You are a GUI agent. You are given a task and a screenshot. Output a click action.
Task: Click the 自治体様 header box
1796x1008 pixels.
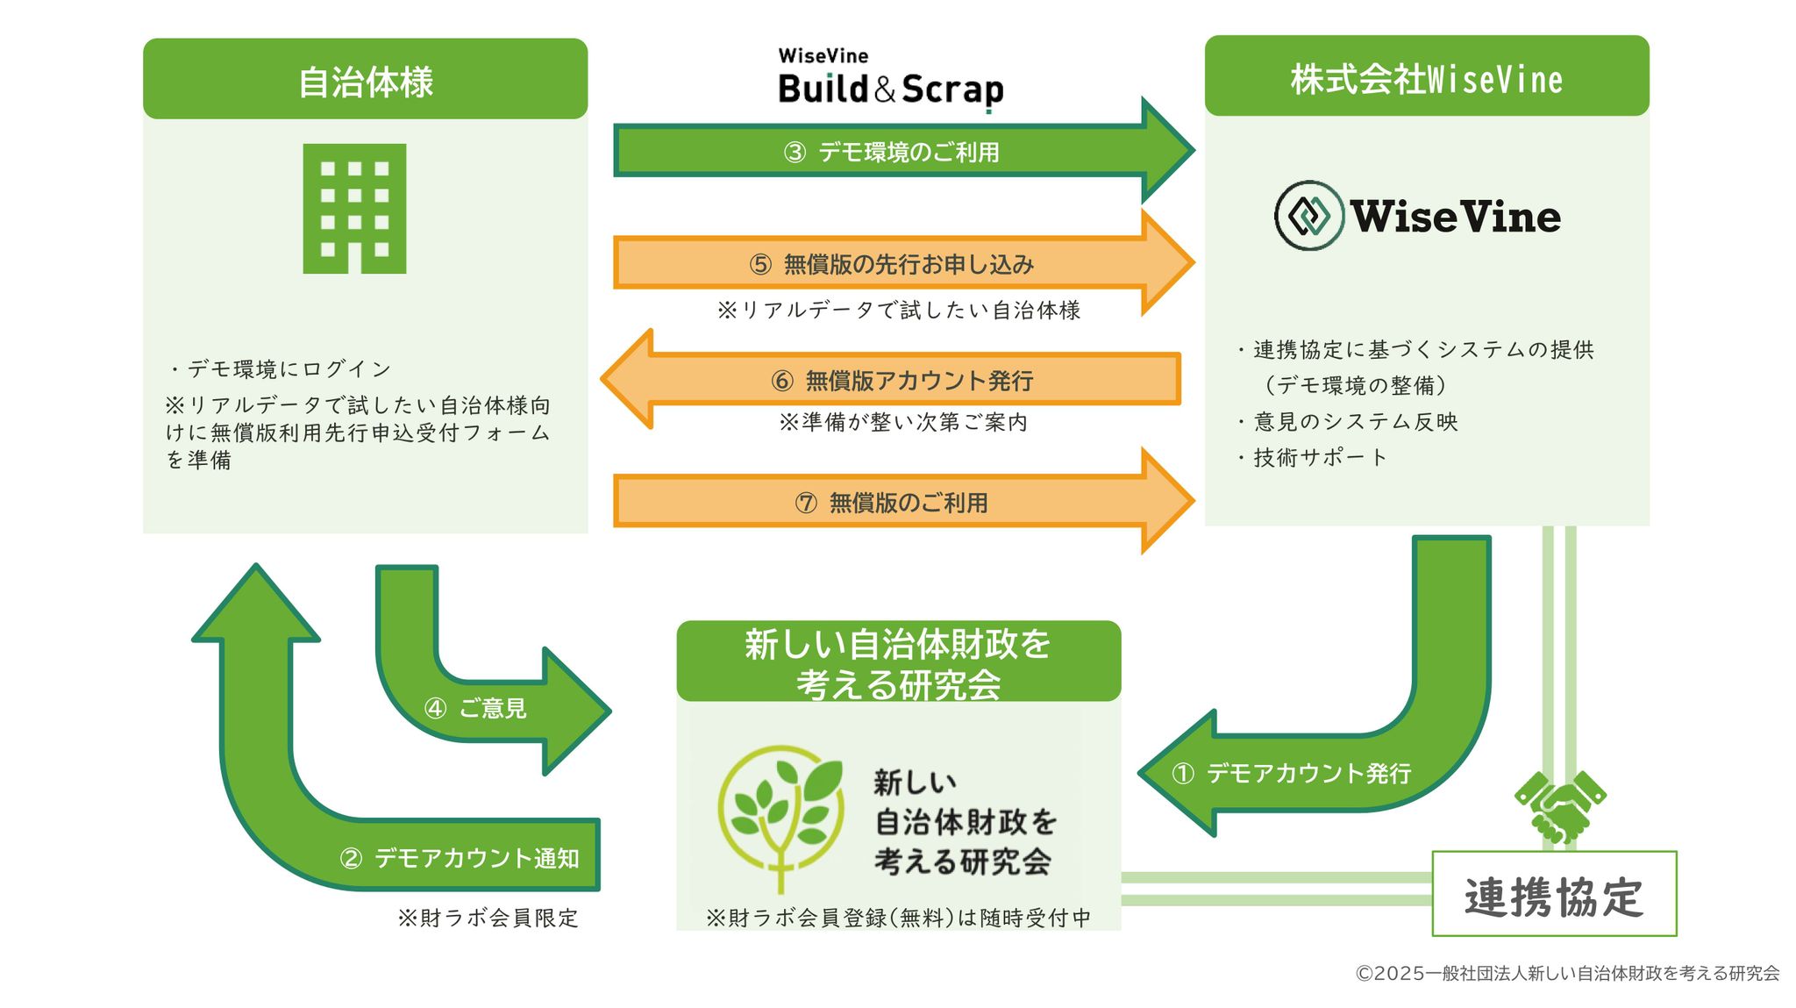coord(365,80)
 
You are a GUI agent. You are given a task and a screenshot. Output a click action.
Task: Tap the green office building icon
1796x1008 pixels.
coord(354,209)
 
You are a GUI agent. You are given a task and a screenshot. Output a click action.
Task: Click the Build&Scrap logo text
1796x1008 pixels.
coord(890,89)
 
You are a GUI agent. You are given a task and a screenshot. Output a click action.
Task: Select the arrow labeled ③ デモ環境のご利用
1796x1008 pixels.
coord(891,152)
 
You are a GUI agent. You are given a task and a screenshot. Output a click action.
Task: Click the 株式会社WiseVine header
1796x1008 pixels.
coord(1426,77)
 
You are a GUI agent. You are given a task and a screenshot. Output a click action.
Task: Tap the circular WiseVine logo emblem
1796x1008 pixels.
coord(1308,216)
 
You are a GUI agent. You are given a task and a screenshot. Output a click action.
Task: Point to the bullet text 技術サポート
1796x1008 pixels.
coord(1319,457)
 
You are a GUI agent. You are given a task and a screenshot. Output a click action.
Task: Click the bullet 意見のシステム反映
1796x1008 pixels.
coord(1355,421)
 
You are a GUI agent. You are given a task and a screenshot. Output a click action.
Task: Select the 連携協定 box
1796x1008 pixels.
coord(1554,894)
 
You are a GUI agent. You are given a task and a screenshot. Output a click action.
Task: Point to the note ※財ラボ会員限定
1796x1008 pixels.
coord(488,918)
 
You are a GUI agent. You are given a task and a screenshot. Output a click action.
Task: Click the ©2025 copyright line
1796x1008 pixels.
coord(1567,973)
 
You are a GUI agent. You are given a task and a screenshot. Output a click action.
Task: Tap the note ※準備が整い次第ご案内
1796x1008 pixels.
coord(903,422)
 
